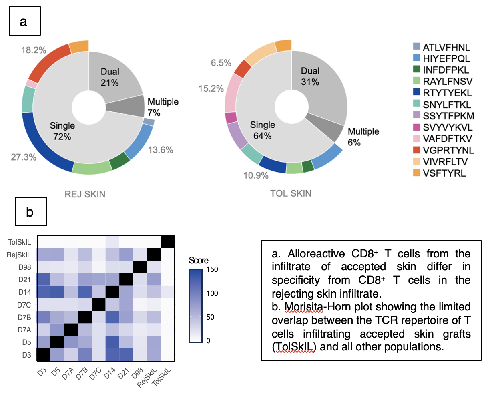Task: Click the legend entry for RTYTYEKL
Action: (447, 93)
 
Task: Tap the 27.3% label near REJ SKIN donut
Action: (24, 157)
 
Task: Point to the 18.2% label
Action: (34, 50)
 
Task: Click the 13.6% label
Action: (161, 150)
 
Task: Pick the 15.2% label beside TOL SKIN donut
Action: (211, 88)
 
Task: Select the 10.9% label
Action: (256, 175)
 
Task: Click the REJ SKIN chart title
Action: (85, 194)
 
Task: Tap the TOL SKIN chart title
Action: (291, 193)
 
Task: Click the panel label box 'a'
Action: (24, 21)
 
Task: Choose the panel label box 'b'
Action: (31, 211)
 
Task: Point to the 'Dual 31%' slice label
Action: (310, 76)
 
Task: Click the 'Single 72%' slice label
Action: (62, 131)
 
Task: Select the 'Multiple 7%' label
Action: (163, 107)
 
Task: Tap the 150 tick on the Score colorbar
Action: (212, 269)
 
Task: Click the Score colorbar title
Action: (199, 261)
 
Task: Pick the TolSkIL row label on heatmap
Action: (20, 242)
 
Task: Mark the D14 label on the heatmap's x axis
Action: (109, 375)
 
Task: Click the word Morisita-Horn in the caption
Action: (303, 307)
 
